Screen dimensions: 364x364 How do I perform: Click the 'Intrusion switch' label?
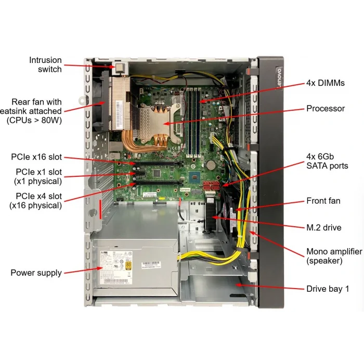[45, 64]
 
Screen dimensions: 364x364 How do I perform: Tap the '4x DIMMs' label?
[326, 83]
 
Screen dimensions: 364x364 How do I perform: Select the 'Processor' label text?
[326, 109]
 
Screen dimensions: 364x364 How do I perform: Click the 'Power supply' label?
[36, 272]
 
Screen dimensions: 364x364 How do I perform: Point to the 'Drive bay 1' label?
[328, 288]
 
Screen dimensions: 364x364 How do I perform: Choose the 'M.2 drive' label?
[324, 227]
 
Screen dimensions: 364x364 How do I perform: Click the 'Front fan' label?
[323, 201]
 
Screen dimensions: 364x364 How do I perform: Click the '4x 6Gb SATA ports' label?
[327, 161]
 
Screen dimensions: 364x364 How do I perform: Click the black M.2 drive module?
[210, 217]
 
